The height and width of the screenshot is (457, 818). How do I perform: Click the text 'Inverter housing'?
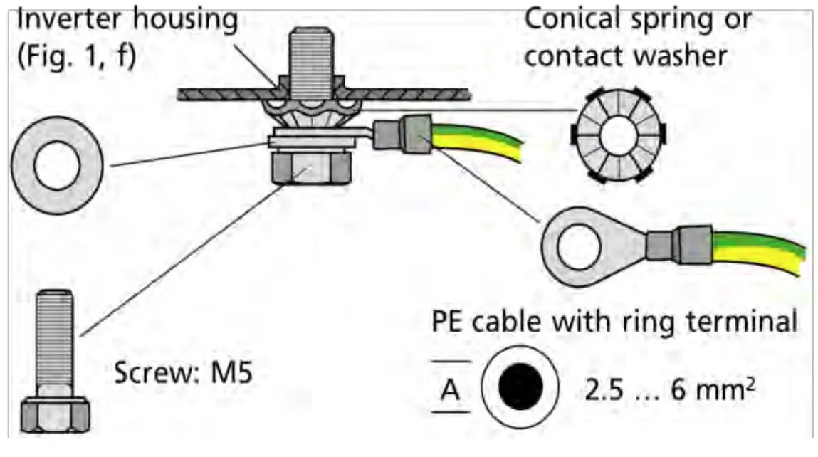[127, 21]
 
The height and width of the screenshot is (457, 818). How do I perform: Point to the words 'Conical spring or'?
[637, 21]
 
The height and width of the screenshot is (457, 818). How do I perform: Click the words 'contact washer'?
[626, 56]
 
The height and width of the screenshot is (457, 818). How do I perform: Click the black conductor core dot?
[520, 387]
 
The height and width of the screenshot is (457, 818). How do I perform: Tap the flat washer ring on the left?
[58, 165]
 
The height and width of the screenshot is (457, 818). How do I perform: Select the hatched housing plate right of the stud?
[420, 93]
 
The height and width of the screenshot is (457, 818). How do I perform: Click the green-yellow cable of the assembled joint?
[477, 143]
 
